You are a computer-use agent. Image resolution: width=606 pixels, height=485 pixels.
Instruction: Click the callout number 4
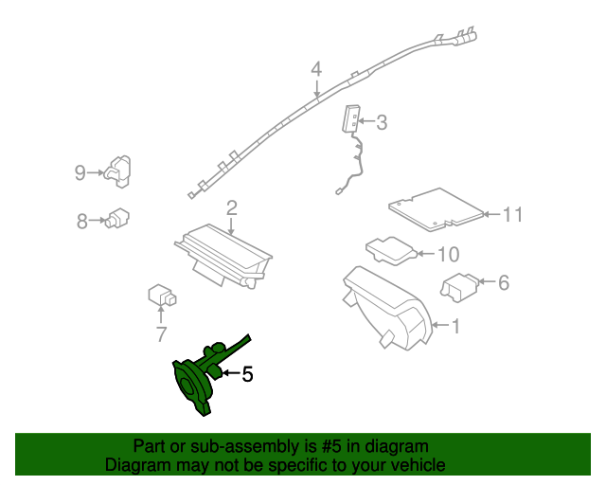(x=316, y=69)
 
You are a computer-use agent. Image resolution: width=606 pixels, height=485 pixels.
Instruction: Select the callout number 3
(x=382, y=122)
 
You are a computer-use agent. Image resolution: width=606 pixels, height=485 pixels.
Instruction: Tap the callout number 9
(x=80, y=171)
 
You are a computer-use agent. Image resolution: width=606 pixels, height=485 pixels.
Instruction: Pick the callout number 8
(x=81, y=221)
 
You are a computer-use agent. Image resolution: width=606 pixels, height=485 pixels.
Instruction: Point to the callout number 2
(x=231, y=207)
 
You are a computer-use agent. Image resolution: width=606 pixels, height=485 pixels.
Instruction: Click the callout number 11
(x=512, y=215)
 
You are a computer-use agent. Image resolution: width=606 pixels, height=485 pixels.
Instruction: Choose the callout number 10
(x=448, y=254)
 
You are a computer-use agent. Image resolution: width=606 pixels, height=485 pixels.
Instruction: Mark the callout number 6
(x=503, y=281)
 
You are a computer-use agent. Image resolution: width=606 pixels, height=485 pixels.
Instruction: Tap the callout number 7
(x=161, y=333)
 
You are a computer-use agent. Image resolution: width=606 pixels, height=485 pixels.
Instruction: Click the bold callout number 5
(x=247, y=374)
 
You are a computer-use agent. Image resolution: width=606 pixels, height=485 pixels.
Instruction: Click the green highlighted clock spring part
(x=199, y=380)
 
